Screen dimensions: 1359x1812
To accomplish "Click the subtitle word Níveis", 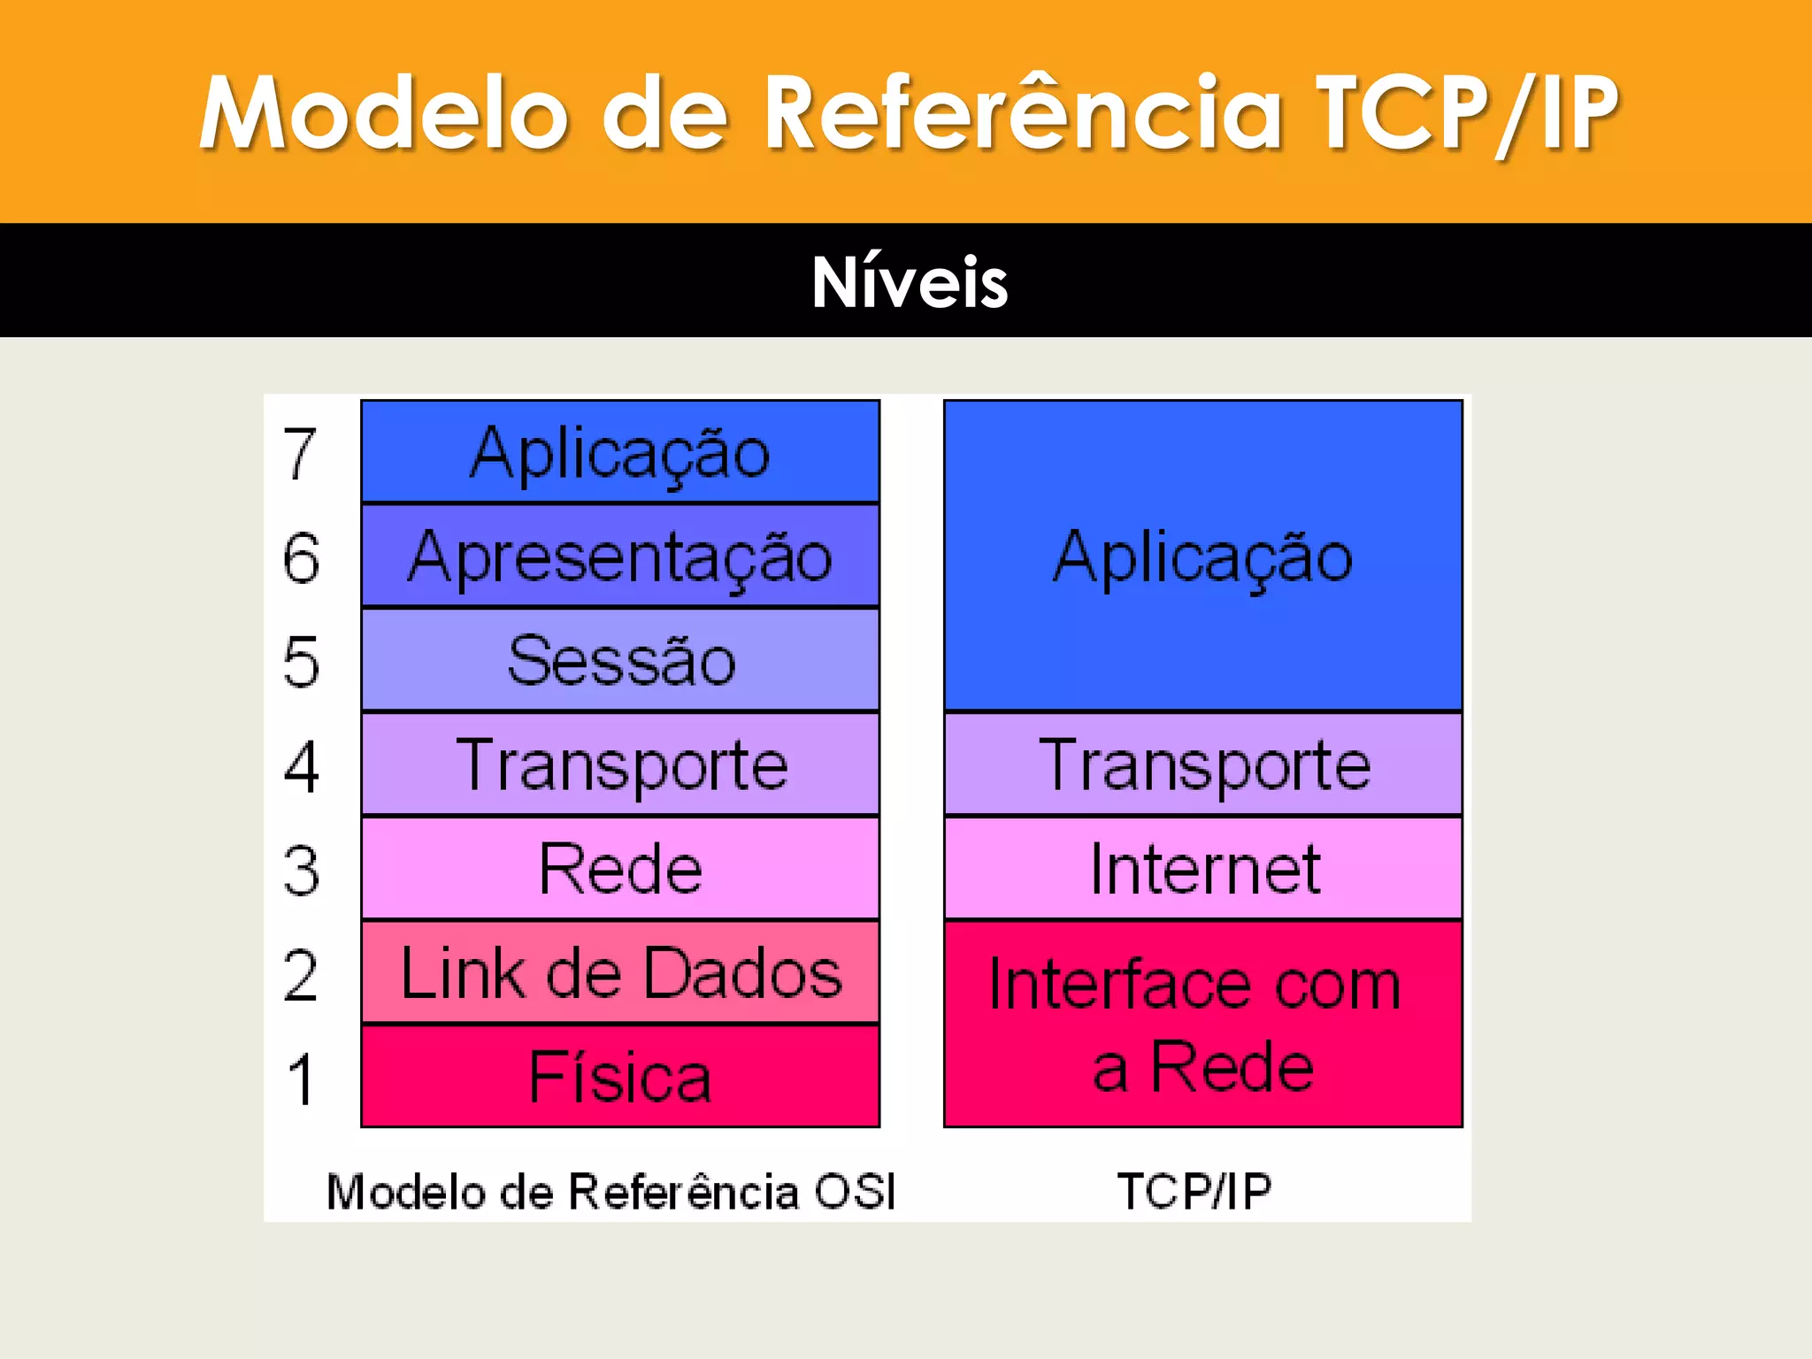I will pyautogui.click(x=910, y=282).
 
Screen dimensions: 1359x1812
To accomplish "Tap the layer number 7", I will pyautogui.click(x=300, y=454).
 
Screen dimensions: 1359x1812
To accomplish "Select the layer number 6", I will pyautogui.click(x=301, y=557).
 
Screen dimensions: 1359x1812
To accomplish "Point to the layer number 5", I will pyautogui.click(x=301, y=661).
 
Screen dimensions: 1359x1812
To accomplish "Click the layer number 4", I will pyautogui.click(x=301, y=766).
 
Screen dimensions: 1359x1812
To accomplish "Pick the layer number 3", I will pyautogui.click(x=301, y=871).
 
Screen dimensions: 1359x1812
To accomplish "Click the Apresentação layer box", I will pyautogui.click(x=620, y=557).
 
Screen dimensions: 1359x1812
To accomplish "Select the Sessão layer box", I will pyautogui.click(x=620, y=660).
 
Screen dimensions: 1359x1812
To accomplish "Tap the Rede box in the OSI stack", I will pyautogui.click(x=620, y=869).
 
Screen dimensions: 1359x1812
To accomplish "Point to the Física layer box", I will pyautogui.click(x=620, y=1077).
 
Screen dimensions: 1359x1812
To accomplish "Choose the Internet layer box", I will pyautogui.click(x=1203, y=869).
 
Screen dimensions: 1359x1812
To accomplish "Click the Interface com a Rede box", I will pyautogui.click(x=1203, y=1025).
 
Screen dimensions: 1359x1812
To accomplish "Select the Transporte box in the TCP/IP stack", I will pyautogui.click(x=1203, y=764).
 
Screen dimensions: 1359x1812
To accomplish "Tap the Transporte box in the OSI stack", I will pyautogui.click(x=620, y=764).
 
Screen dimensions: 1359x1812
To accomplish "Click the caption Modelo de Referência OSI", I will pyautogui.click(x=611, y=1191).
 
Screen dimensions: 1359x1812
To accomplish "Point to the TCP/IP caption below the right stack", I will pyautogui.click(x=1194, y=1191).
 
